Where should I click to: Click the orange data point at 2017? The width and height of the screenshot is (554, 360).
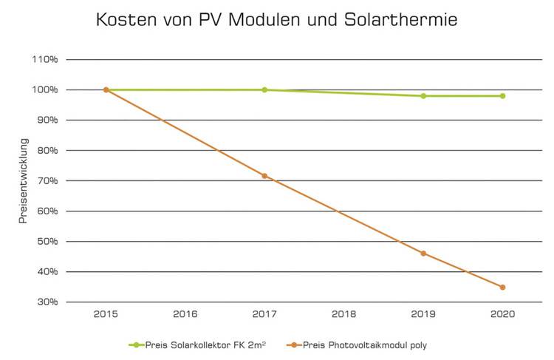point(264,176)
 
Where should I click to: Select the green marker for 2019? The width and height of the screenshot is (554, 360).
point(423,96)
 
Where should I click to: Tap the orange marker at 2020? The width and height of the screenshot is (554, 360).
point(503,288)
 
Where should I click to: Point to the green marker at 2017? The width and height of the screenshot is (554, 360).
point(264,89)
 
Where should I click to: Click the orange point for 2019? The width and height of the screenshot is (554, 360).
point(423,254)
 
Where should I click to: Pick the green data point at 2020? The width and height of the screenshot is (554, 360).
point(503,96)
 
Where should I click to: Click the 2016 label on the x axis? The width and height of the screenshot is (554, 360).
point(185,314)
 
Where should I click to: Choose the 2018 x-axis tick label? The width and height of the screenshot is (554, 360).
point(344,314)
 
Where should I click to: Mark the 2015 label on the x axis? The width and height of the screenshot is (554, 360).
point(106,314)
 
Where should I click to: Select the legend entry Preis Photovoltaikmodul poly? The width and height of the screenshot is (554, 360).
point(362,344)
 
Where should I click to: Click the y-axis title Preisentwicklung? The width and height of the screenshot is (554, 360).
point(24,181)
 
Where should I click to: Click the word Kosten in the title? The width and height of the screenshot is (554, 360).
point(126,20)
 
